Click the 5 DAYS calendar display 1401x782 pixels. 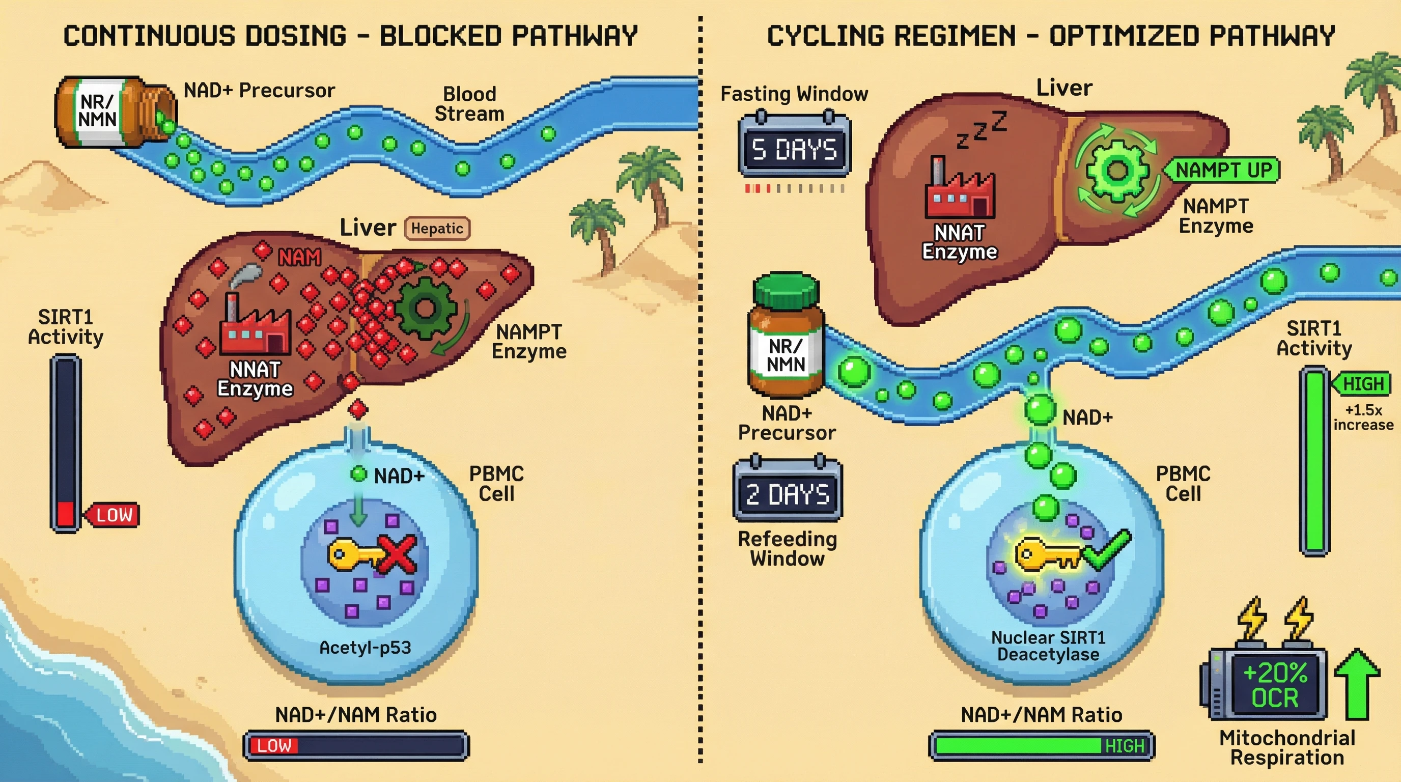[x=794, y=149]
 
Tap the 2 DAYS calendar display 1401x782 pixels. [x=788, y=494]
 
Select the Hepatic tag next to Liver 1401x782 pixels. [x=437, y=229]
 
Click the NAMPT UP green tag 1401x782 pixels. [x=1224, y=170]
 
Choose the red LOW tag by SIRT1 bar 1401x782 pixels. [x=114, y=514]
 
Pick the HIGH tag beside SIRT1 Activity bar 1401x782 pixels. [x=1363, y=384]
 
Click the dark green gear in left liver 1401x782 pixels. [x=425, y=309]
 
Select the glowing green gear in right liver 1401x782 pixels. [x=1117, y=170]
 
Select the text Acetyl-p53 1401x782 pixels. [x=365, y=648]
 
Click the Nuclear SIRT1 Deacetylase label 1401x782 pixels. [x=1048, y=646]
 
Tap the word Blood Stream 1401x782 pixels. [x=469, y=104]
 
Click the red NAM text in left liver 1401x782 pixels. [x=299, y=257]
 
